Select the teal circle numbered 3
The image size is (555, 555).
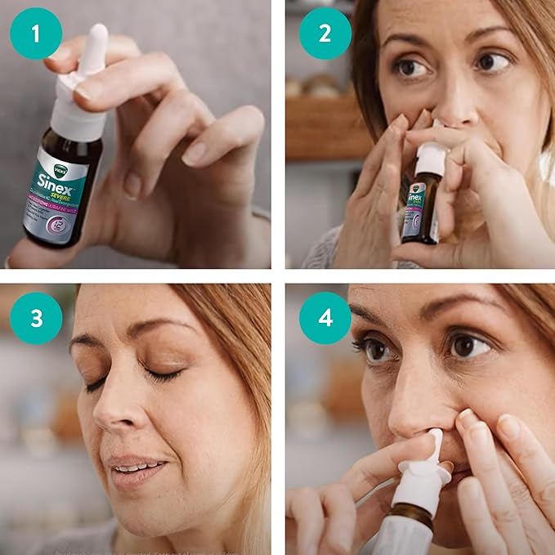pyautogui.click(x=36, y=318)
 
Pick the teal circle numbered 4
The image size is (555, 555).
pyautogui.click(x=325, y=318)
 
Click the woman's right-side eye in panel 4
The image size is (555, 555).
pyautogui.click(x=468, y=346)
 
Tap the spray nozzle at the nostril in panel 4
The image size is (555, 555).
pyautogui.click(x=435, y=445)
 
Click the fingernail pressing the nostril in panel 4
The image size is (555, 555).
pyautogui.click(x=467, y=419)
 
